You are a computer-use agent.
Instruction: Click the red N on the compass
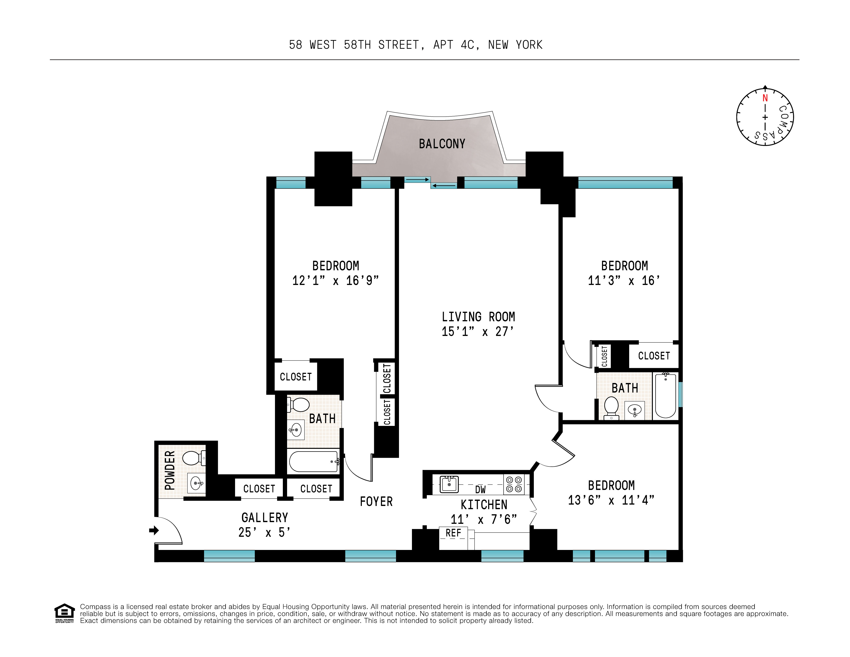765,98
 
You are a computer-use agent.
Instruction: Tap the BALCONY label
442,144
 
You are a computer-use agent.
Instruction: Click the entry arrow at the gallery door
154,530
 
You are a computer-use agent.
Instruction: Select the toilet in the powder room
193,458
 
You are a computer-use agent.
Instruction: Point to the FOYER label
376,502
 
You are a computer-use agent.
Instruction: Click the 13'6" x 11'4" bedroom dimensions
611,500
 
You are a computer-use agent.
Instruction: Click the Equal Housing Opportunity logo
64,613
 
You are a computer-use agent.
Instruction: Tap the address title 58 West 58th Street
415,45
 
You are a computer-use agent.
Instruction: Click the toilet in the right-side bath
611,407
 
